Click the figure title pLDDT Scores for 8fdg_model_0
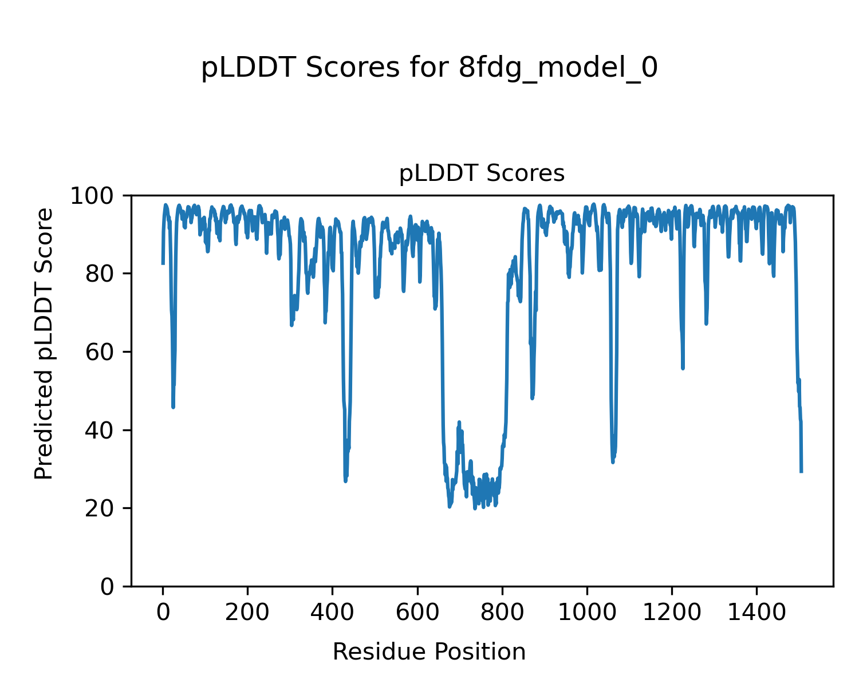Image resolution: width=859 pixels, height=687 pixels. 429,69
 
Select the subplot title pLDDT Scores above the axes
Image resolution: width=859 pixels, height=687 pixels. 482,173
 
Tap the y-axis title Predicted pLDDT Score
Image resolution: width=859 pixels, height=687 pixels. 44,343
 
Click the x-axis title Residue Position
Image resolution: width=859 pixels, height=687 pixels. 429,652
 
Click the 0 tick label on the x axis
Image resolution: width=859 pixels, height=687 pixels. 163,613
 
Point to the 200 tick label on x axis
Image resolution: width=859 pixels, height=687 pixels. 248,613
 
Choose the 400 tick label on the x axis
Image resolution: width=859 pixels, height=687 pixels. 333,613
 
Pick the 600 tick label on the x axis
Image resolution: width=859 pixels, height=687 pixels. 417,613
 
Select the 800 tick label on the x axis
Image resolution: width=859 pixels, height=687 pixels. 502,613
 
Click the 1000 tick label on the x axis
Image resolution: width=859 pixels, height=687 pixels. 587,613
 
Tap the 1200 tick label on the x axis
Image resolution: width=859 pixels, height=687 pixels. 672,613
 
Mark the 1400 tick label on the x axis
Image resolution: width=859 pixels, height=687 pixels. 756,613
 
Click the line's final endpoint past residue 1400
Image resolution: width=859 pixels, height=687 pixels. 801,472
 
